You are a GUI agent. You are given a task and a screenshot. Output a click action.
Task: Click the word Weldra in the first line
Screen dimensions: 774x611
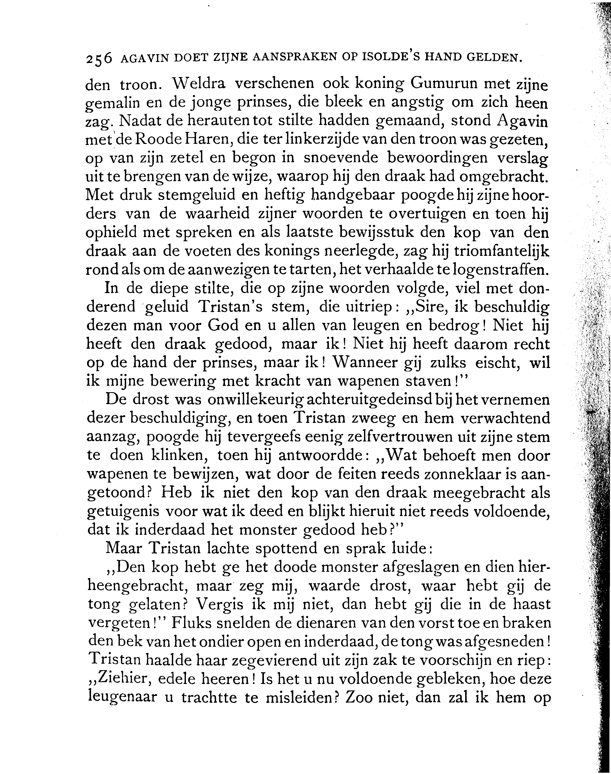pos(199,84)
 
